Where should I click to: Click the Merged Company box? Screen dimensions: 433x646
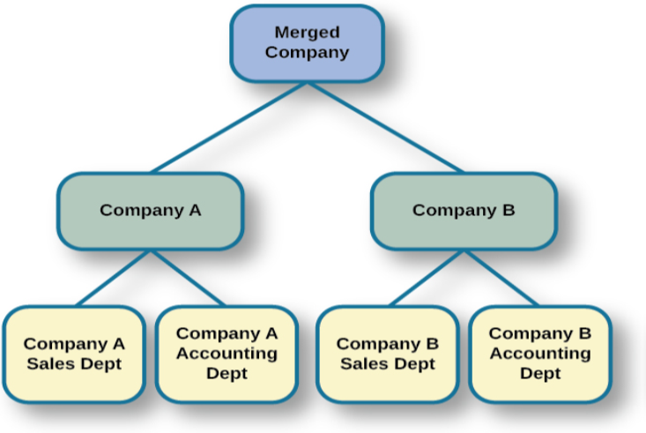tap(307, 42)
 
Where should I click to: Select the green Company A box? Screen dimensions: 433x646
tap(150, 211)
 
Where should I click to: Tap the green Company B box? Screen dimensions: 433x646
tap(464, 211)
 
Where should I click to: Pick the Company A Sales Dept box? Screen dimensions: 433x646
tap(74, 354)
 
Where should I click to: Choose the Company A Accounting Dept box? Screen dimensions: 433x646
tap(226, 354)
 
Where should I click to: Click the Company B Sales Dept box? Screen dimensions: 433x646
tap(388, 354)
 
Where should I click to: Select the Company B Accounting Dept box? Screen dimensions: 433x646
tap(539, 354)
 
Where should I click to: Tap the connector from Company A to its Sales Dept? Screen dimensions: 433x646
tap(115, 278)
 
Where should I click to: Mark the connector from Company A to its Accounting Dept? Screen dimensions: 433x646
tap(187, 278)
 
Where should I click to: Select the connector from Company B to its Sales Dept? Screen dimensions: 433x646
tap(427, 278)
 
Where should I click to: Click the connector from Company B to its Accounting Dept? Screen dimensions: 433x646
tap(501, 278)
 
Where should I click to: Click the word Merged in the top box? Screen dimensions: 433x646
tap(307, 33)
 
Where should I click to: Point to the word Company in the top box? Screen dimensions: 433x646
tap(307, 52)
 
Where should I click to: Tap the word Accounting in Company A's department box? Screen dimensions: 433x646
tap(226, 354)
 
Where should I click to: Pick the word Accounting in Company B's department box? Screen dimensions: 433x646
tap(539, 354)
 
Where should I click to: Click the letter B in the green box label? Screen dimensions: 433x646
tap(509, 211)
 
